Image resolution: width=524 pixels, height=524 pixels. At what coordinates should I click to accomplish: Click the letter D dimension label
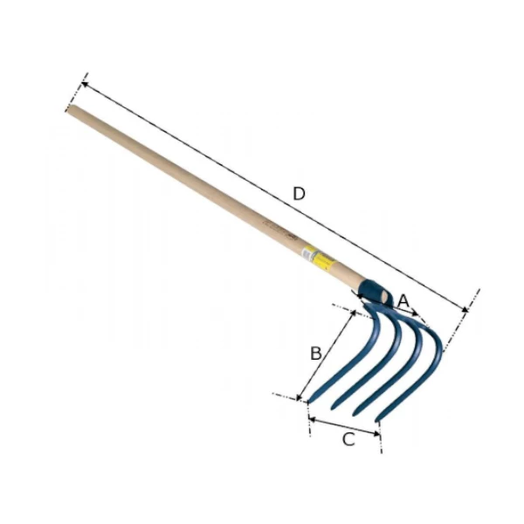(299, 194)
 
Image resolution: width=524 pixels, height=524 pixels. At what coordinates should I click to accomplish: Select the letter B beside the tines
(316, 353)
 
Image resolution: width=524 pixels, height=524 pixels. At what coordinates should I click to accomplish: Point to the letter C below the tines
(348, 439)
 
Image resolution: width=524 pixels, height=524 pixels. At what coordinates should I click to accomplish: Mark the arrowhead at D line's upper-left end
(83, 84)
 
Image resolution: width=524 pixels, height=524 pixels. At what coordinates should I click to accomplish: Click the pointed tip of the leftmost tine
(308, 402)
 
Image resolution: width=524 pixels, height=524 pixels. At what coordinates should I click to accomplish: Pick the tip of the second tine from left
(331, 408)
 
